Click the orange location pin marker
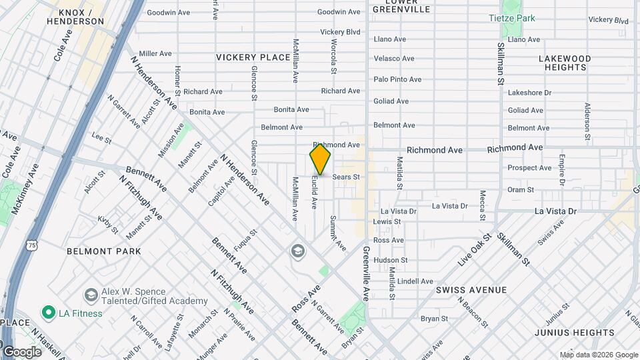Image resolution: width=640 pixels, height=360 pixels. pos(320,160)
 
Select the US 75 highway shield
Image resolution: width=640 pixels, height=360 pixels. pos(32,246)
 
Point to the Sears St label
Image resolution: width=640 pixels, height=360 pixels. pos(346,177)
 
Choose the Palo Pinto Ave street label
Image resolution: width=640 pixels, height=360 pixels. pos(397,79)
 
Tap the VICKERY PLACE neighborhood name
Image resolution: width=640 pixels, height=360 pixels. pos(253,58)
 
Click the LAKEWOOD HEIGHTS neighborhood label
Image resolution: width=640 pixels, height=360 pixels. pos(565,63)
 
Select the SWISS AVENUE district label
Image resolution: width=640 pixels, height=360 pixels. pos(471,290)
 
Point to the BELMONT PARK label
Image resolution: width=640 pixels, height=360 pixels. pos(104,251)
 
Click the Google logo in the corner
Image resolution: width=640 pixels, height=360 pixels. pos(21,351)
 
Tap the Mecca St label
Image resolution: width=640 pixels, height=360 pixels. pos(481,205)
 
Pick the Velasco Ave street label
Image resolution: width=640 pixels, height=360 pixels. pos(394,59)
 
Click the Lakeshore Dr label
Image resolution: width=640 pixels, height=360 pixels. pos(529,93)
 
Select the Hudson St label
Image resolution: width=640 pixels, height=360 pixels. pos(390,260)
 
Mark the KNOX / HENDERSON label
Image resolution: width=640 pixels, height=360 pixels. pos(75,17)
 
